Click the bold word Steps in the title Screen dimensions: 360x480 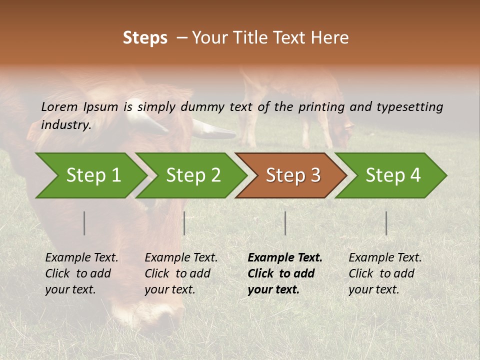145,38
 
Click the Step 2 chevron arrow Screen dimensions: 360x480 192,175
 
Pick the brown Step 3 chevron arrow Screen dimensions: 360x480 292,175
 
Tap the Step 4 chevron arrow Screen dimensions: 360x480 392,175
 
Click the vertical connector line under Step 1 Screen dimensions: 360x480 84,223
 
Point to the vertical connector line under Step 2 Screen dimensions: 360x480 184,223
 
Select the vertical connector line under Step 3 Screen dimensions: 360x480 285,223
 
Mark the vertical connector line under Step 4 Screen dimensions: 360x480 386,223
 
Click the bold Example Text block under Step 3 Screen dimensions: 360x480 285,273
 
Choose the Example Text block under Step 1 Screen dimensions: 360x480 81,273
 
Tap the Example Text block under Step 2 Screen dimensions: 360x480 181,273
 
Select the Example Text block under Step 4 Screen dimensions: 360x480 385,273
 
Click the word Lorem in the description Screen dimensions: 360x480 59,106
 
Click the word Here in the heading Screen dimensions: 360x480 330,38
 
